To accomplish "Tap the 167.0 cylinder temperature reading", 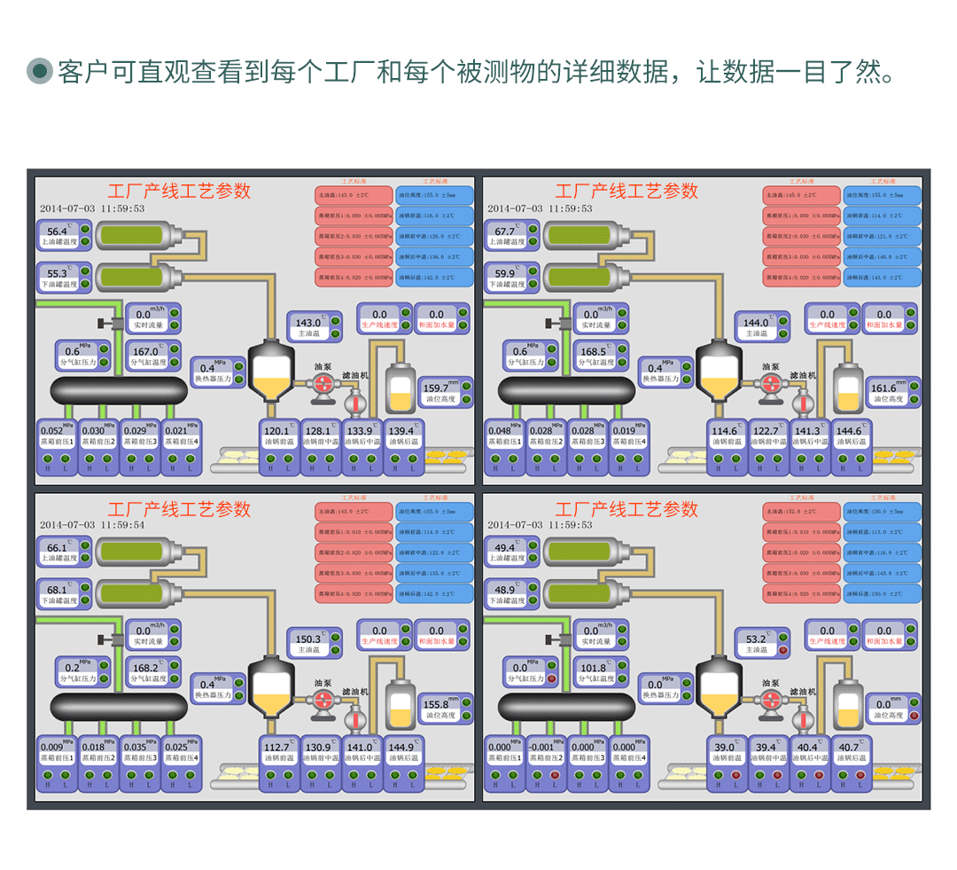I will click(x=145, y=352).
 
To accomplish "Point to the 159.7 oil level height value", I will click(x=436, y=388).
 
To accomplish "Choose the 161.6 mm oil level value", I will click(x=883, y=388).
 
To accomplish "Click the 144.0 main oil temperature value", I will click(x=756, y=324).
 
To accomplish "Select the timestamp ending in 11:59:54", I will click(x=92, y=525).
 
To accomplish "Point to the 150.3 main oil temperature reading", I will click(x=308, y=639).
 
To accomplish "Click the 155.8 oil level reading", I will click(x=436, y=705).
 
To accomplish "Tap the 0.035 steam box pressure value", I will click(x=135, y=748).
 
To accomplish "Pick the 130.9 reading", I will click(x=317, y=748).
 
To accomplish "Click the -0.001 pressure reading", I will click(x=541, y=748).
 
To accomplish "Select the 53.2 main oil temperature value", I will click(x=756, y=639).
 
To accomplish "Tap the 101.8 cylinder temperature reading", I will click(x=593, y=669).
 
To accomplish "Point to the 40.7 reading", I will click(x=849, y=748).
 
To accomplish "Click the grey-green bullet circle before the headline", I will click(x=40, y=71).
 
